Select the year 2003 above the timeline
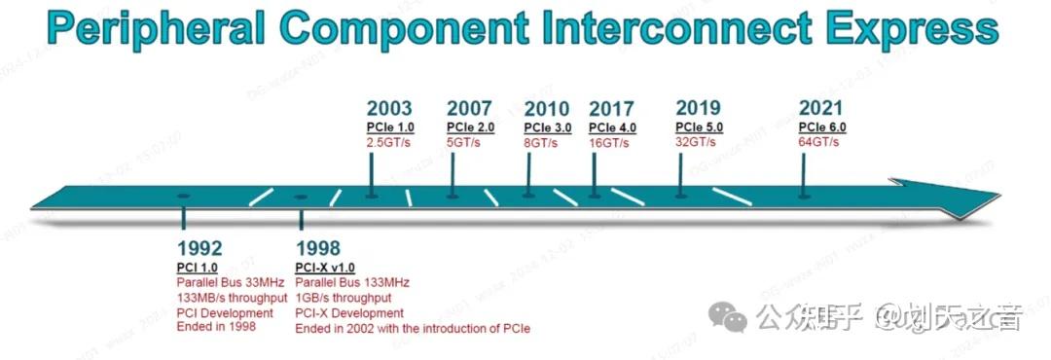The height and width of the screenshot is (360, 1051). tap(389, 109)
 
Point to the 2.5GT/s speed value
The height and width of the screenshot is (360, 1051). tap(388, 143)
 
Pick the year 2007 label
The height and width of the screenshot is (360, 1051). tap(470, 109)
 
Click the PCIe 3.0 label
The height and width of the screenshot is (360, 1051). tap(548, 127)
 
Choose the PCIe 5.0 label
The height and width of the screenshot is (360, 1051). tap(699, 127)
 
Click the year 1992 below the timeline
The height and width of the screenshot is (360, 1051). tap(199, 248)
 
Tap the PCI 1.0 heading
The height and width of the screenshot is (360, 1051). tap(197, 268)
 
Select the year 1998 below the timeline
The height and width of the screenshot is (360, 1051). tap(318, 248)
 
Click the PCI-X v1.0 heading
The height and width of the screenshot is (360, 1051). tap(325, 268)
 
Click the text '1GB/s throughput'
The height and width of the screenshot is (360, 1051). tap(343, 298)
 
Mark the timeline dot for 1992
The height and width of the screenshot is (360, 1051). tap(184, 197)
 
